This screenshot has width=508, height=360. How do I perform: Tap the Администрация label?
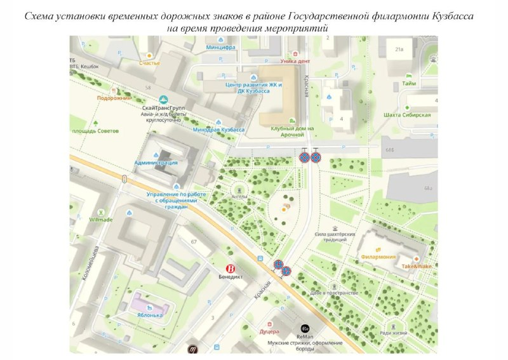pyautogui.click(x=156, y=163)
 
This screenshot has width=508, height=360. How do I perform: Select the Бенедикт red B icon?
pyautogui.click(x=231, y=268)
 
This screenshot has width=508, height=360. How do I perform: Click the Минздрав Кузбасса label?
pyautogui.click(x=218, y=130)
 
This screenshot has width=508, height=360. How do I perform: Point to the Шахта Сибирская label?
pyautogui.click(x=408, y=115)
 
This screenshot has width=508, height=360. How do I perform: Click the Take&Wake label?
pyautogui.click(x=415, y=265)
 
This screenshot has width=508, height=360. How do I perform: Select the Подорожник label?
pyautogui.click(x=114, y=98)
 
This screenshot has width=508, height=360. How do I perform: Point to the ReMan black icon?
pyautogui.click(x=305, y=328)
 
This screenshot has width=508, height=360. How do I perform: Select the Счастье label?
pyautogui.click(x=150, y=63)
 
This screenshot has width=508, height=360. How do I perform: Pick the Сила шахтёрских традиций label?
pyautogui.click(x=335, y=237)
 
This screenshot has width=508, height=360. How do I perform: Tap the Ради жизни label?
pyautogui.click(x=392, y=332)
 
